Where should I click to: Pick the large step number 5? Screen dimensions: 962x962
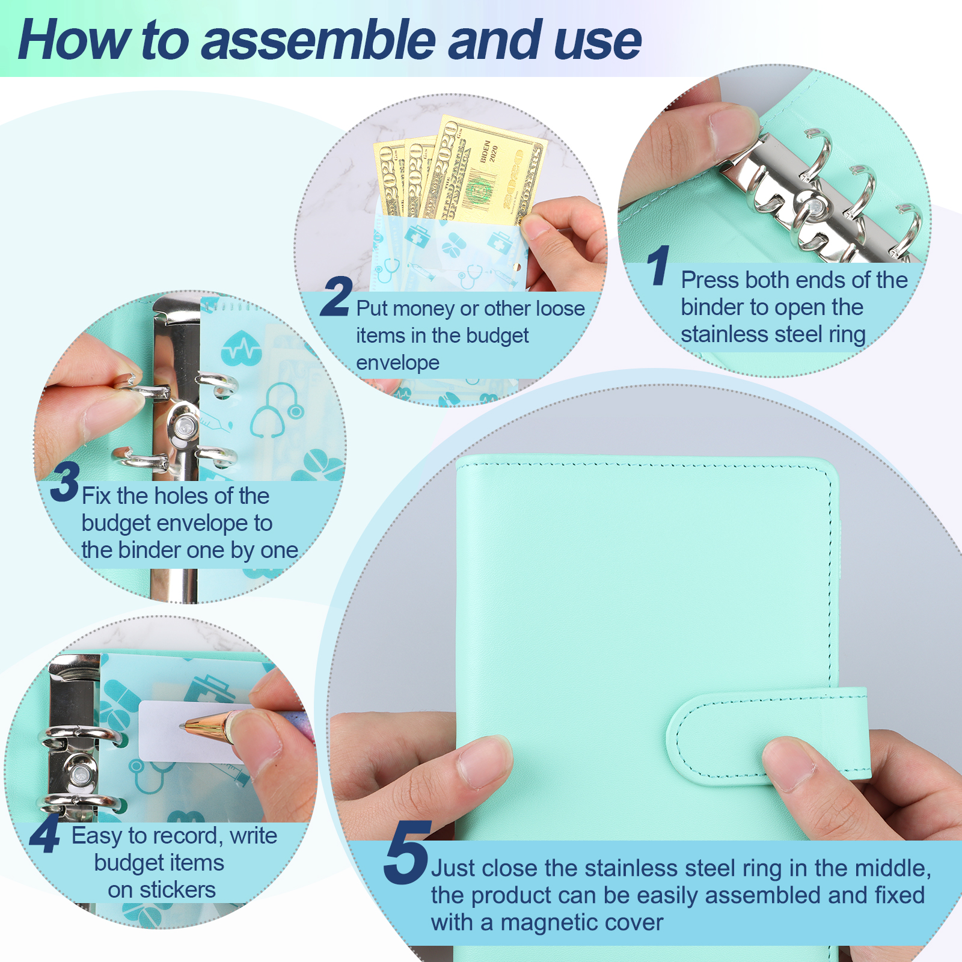point(408,852)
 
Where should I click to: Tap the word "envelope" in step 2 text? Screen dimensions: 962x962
point(397,363)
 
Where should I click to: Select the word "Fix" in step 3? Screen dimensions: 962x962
point(96,496)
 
